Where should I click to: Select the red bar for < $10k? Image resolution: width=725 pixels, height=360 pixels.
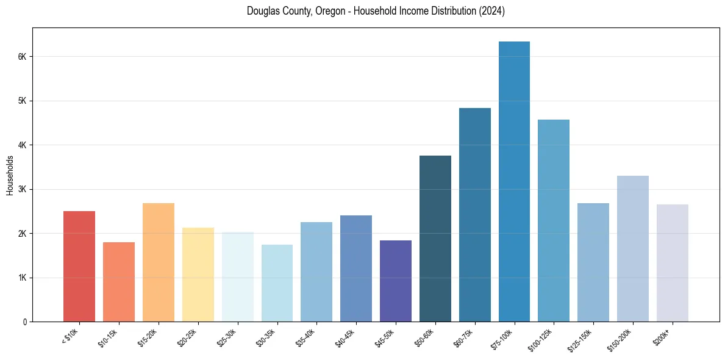79,266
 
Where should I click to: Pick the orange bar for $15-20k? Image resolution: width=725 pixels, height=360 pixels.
159,262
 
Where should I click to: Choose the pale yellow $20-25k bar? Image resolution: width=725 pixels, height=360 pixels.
198,275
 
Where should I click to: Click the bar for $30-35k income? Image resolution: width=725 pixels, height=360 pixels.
277,283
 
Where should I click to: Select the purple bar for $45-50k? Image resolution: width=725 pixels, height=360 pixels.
396,281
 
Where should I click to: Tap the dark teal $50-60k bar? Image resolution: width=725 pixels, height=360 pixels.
435,239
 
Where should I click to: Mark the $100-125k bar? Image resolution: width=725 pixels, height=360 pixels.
554,220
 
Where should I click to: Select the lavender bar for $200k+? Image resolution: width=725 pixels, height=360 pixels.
673,263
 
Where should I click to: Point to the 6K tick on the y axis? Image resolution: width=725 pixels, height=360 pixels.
23,57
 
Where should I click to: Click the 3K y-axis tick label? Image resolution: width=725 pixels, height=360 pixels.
23,189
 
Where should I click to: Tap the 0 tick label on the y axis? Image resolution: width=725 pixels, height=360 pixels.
25,322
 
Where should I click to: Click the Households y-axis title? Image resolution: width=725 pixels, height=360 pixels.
10,175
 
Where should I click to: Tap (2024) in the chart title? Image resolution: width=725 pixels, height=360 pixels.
491,12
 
